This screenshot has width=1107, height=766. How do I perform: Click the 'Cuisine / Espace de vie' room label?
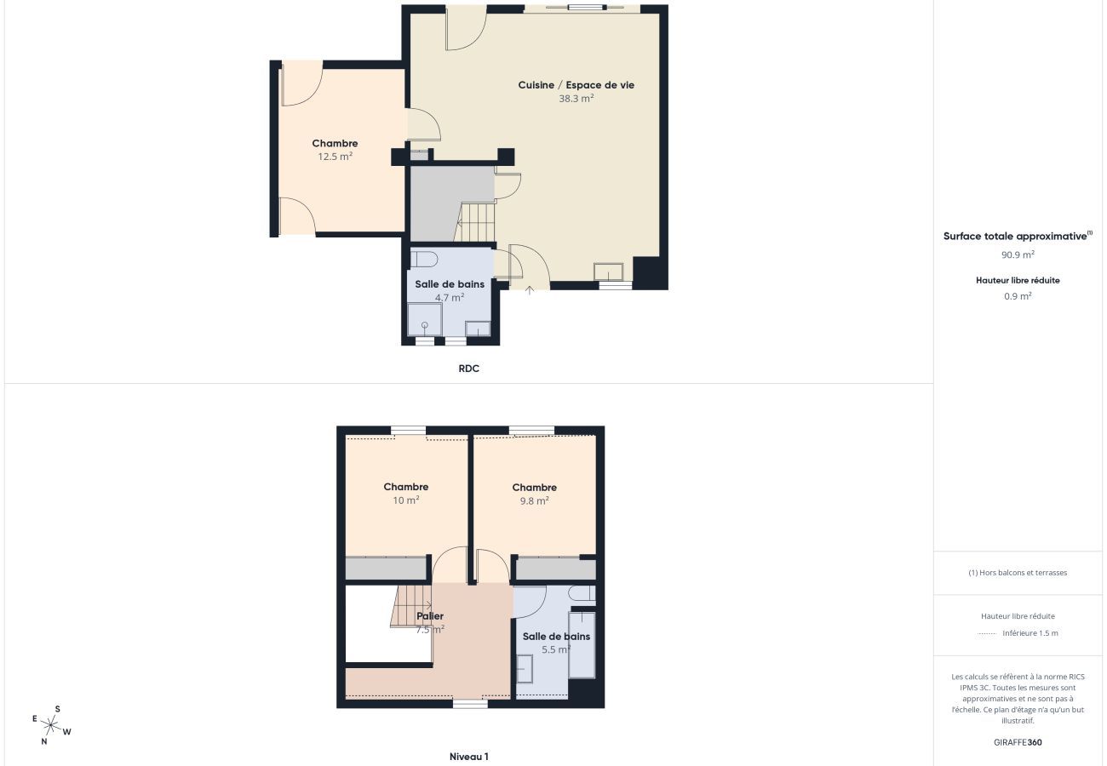576,85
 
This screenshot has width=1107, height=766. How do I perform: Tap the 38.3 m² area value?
576,98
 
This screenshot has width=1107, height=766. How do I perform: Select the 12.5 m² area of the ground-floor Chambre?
335,157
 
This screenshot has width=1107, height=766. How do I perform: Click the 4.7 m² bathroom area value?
449,298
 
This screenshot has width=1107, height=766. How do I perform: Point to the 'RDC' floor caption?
468,369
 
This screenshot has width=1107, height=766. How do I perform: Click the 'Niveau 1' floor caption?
468,757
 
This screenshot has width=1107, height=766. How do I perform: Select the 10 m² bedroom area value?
405,500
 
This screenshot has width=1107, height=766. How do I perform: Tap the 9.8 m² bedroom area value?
534,501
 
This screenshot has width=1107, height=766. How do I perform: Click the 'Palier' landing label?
430,616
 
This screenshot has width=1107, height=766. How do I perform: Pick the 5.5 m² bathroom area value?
555,649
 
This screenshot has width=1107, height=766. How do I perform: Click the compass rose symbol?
51,725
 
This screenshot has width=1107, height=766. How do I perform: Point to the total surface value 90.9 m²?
1018,254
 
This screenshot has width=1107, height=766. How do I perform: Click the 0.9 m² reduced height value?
1018,296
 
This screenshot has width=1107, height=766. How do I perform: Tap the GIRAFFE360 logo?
1018,742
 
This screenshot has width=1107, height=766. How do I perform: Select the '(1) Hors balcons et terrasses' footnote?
1018,573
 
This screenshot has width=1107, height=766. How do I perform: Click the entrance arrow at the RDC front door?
529,290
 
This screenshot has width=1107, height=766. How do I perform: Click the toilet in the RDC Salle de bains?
424,258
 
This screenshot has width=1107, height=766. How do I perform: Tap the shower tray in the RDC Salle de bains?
424,320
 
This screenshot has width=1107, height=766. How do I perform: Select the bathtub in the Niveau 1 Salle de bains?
582,644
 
